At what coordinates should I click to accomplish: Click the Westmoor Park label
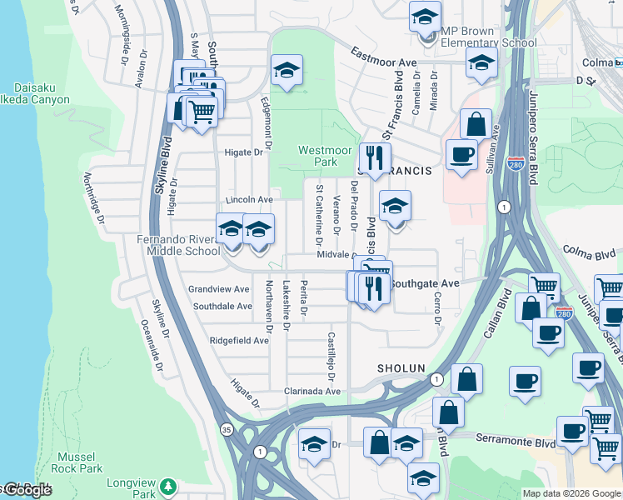tap(319, 156)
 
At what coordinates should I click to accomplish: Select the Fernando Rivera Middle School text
tap(177, 245)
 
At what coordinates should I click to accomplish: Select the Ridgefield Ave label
tap(239, 340)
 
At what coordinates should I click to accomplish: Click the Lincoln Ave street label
tap(249, 200)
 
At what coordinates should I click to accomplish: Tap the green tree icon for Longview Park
tap(169, 485)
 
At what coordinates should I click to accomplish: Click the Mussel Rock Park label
tap(80, 462)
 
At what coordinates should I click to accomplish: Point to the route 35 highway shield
tap(227, 429)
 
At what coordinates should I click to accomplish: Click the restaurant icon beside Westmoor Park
tap(375, 157)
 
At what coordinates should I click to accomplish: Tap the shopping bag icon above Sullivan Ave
tap(476, 124)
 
